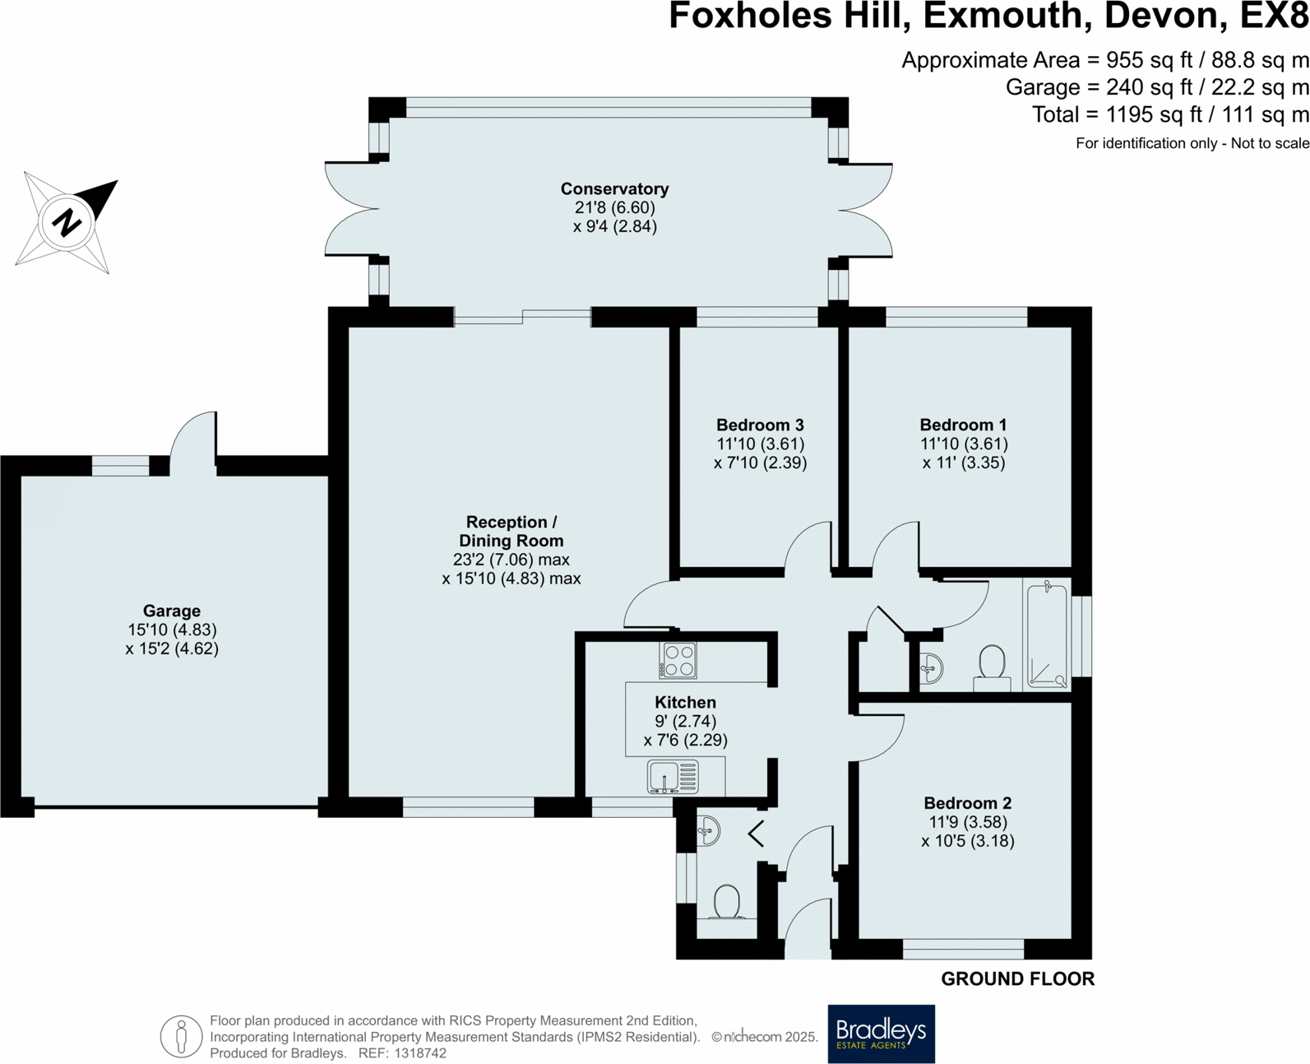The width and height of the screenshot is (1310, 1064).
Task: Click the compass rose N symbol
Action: [x=67, y=221]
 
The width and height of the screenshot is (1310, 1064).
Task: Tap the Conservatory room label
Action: [x=614, y=189]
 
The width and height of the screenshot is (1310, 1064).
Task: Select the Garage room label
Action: [x=172, y=611]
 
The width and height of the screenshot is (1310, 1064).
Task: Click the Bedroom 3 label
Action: [x=760, y=425]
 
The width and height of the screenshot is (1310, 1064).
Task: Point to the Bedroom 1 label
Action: [x=963, y=425]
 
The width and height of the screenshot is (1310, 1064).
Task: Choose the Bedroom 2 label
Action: [x=967, y=803]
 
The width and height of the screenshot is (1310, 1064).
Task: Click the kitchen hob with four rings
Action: [x=678, y=661]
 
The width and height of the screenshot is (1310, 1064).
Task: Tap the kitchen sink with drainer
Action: [x=673, y=777]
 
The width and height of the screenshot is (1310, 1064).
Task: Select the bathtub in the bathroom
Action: [x=1047, y=634]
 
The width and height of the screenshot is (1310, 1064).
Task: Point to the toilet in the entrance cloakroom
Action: [x=727, y=902]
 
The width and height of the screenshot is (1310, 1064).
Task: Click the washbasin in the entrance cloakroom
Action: [x=707, y=831]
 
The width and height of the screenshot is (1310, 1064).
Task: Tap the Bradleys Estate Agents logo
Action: [x=881, y=1034]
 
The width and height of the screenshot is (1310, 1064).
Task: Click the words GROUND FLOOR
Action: [x=1017, y=978]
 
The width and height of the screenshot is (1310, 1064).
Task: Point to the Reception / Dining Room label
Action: [x=511, y=532]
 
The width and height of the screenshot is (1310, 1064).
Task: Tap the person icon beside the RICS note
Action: [x=181, y=1036]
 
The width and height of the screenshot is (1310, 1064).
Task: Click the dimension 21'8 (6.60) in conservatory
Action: [x=614, y=207]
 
